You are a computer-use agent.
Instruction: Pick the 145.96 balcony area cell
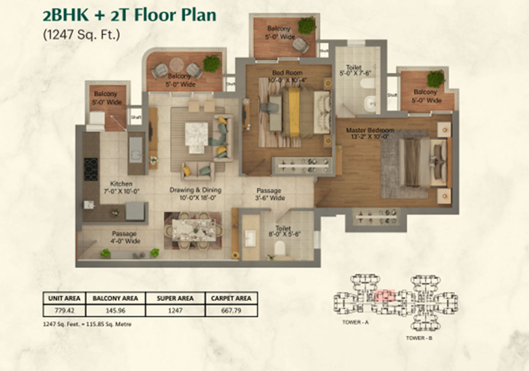[x=115, y=311]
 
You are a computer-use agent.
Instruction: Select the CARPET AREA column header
[x=231, y=298]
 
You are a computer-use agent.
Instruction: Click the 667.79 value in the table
[x=231, y=311]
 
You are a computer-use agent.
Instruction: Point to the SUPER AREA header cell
[x=175, y=298]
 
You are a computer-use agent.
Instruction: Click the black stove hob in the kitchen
[x=91, y=169]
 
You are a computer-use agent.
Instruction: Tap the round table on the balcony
[x=176, y=64]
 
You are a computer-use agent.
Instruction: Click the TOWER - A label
[x=355, y=322]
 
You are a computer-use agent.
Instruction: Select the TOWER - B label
[x=419, y=338]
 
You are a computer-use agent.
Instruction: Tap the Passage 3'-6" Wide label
[x=269, y=194]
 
